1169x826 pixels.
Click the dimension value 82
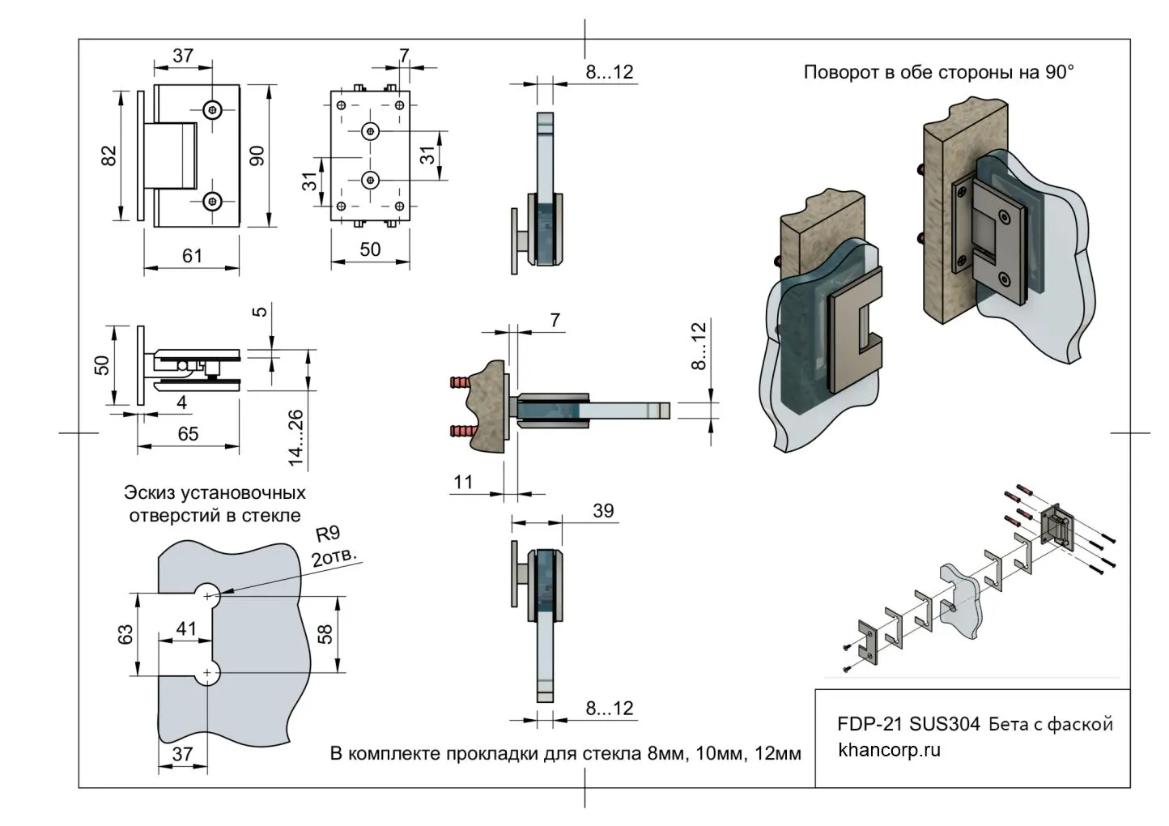coord(109,155)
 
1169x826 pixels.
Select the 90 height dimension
coord(258,155)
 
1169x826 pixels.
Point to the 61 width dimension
coord(192,256)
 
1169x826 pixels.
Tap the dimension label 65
coord(188,434)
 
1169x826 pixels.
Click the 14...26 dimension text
coord(296,438)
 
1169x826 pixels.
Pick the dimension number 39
coord(603,511)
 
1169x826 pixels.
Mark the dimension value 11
coord(463,483)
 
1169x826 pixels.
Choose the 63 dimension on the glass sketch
coord(125,634)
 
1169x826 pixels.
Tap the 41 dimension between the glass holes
coord(186,628)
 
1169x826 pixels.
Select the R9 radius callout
coord(327,534)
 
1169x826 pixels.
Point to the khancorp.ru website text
coord(890,750)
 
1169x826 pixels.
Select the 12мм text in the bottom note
coord(777,754)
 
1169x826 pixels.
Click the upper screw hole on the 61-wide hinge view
coord(213,109)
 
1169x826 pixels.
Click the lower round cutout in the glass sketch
coord(208,674)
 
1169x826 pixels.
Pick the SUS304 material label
coord(945,723)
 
